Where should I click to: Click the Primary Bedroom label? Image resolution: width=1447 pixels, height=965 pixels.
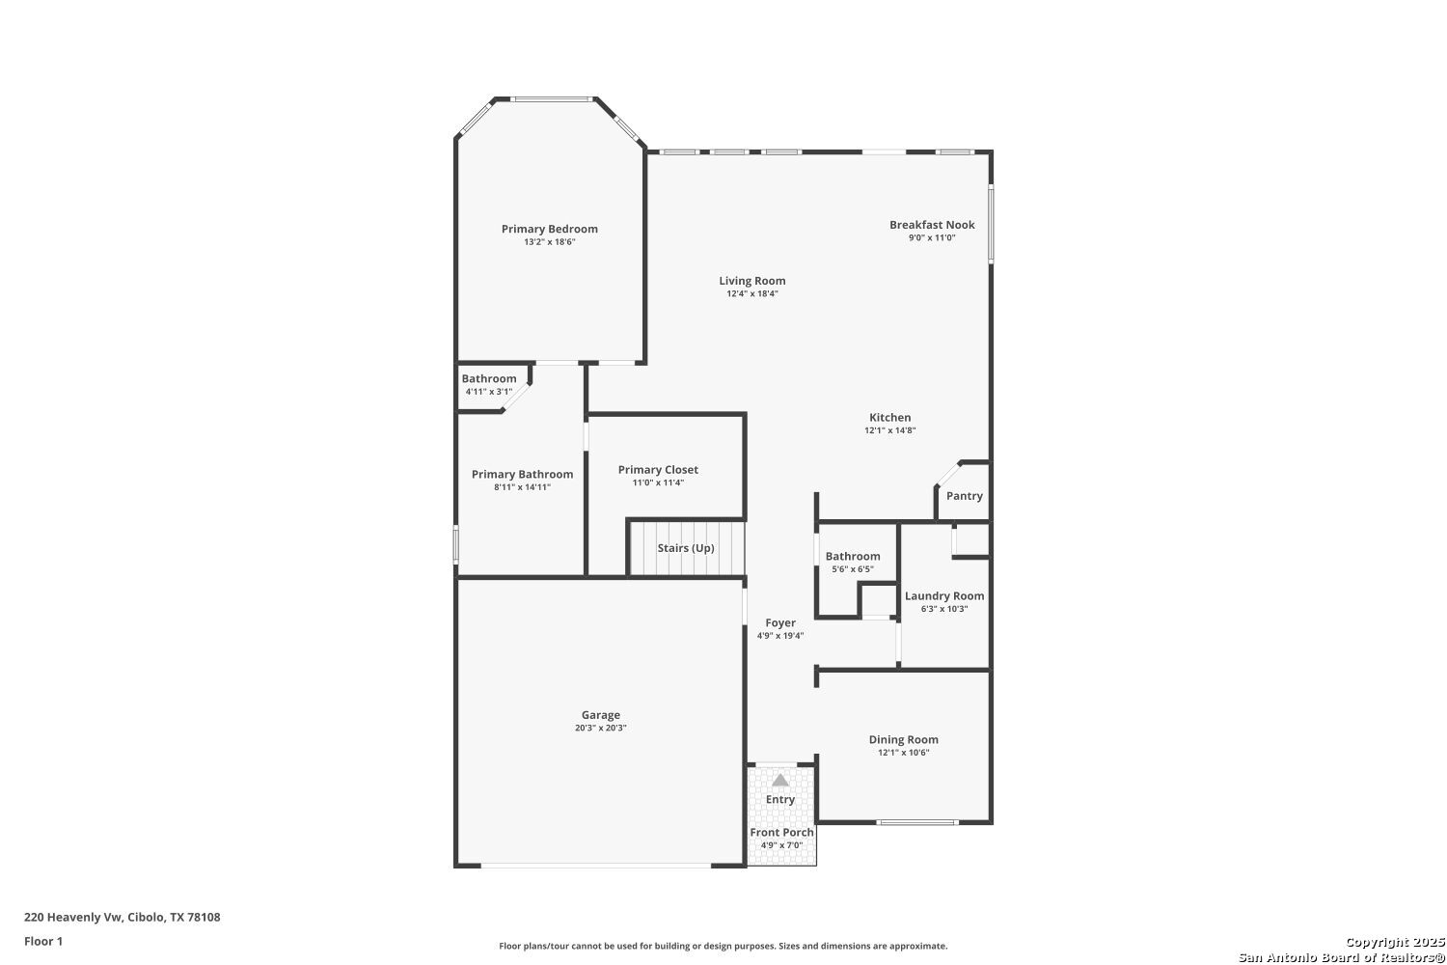click(549, 229)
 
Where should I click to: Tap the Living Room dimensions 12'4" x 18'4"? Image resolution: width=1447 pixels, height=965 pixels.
click(751, 293)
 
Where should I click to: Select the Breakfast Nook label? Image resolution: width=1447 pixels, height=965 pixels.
click(932, 225)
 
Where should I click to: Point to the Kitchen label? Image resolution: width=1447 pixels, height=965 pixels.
click(889, 418)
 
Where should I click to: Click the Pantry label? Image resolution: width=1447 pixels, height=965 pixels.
click(965, 496)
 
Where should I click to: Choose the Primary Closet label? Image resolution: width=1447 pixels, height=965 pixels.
click(658, 470)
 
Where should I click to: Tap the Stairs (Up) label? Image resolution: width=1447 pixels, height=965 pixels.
click(685, 548)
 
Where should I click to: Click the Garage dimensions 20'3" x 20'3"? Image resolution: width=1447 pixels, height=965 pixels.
click(600, 728)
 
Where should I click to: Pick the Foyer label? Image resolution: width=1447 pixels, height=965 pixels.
click(779, 623)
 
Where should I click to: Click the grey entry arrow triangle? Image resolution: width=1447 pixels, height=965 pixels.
click(780, 780)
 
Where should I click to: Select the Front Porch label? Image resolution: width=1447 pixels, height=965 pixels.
click(781, 833)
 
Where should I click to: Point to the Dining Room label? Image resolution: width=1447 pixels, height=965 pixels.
click(903, 739)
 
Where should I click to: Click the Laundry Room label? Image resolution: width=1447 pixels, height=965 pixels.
click(944, 596)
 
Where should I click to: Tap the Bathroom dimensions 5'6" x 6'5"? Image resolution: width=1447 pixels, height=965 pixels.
click(853, 569)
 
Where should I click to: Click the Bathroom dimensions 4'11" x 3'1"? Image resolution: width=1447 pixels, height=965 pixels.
click(488, 392)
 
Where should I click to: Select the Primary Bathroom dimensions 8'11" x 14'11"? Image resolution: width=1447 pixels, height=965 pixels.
click(522, 487)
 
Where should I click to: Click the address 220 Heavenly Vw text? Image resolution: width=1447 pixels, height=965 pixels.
click(73, 917)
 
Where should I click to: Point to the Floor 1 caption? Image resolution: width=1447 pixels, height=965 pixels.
click(43, 942)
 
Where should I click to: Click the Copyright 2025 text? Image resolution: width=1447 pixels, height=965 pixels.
click(1394, 943)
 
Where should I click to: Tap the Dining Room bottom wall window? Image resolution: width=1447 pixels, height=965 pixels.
click(916, 822)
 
